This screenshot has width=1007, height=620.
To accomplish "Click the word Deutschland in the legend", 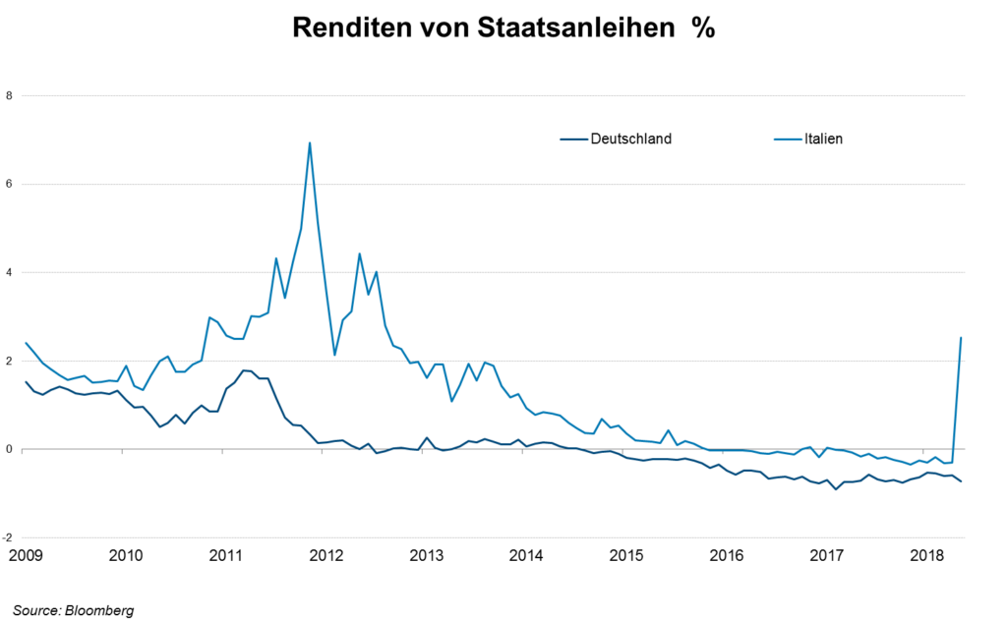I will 630,140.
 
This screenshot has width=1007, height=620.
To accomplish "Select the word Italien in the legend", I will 822,140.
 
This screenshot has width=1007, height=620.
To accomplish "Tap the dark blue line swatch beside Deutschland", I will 574,140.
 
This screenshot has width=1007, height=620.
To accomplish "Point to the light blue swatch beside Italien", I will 788,140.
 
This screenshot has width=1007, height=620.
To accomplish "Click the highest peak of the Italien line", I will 310,143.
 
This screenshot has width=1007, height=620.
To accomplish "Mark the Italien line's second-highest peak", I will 360,254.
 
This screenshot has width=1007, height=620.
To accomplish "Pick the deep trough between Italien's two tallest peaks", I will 335,354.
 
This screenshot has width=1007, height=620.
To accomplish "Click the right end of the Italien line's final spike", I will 961,337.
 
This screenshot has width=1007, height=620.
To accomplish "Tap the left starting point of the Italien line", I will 26,343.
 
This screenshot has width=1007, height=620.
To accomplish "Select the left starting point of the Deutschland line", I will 26,382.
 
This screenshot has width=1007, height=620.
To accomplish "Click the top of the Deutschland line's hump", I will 246,369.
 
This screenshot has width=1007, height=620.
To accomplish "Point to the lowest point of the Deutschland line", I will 836,488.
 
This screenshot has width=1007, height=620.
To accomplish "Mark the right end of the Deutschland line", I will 961,481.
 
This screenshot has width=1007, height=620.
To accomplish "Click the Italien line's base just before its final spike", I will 952,462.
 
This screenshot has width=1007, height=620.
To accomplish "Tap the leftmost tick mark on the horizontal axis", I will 122,452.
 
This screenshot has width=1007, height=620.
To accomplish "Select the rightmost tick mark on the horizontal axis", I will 926,452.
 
